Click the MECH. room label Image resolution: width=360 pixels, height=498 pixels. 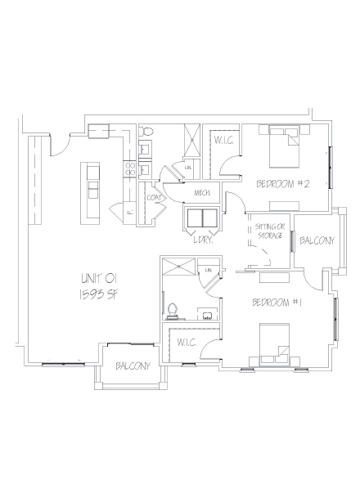pos(203,193)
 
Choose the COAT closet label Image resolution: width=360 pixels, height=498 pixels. pos(153,197)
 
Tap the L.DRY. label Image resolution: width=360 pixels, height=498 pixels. pos(204,240)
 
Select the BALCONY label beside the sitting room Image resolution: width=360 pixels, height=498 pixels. pos(316,241)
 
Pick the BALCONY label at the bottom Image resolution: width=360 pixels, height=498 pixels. pos(133,366)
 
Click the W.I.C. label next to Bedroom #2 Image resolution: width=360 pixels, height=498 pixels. pos(224,141)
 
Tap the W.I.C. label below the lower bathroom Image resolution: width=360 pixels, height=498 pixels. pos(187,342)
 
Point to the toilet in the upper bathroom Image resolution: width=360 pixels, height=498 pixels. pos(148,132)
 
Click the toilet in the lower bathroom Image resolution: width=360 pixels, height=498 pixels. pos(173,309)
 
